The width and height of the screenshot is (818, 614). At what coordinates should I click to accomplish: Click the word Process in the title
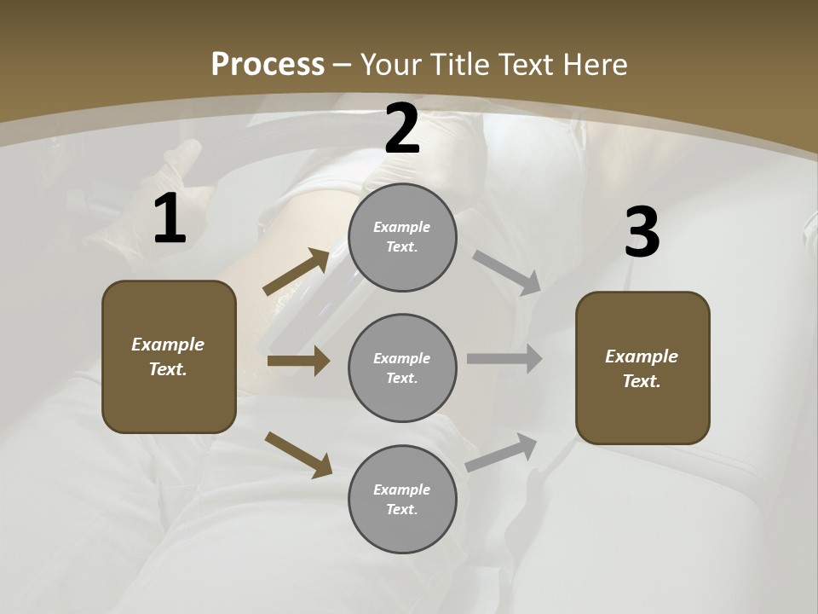coord(268,64)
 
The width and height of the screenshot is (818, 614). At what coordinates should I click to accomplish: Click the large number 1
coord(169,219)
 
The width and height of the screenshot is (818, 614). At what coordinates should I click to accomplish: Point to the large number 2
coord(402,129)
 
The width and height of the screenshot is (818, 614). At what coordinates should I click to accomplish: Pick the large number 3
coord(642,232)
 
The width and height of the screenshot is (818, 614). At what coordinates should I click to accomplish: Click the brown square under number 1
coord(169,356)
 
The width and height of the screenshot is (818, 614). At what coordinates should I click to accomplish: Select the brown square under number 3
coord(642,368)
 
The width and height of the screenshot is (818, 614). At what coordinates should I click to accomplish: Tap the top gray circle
coord(402,237)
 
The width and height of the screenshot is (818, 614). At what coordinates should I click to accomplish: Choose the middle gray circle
coord(402,368)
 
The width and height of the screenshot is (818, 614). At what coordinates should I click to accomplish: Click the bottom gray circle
coord(402,500)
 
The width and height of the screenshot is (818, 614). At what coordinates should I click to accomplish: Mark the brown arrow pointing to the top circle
coord(297,272)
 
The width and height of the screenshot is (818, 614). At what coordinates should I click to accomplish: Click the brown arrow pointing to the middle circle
coord(298,361)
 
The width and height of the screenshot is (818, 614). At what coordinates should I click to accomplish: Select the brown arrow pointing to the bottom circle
coord(298,454)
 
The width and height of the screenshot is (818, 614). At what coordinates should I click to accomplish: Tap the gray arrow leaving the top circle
coord(507,273)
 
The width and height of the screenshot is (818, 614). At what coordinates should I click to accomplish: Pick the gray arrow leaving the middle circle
coord(504,358)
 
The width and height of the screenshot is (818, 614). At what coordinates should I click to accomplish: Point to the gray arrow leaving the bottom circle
coord(502,452)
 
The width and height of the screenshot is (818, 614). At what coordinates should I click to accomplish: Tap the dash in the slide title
coord(343,65)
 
